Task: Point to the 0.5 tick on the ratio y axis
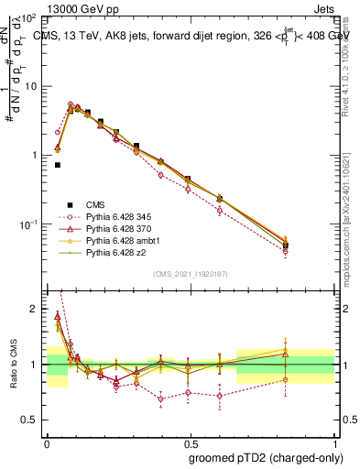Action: (x=36, y=420)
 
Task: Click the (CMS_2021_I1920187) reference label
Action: (x=191, y=273)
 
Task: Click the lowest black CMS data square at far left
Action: (x=58, y=165)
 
